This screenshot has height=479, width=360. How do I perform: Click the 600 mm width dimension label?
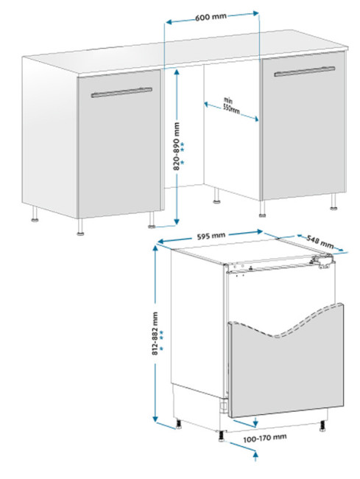click(x=211, y=16)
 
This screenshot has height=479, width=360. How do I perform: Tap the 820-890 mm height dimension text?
click(x=177, y=147)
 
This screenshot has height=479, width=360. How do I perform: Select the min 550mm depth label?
click(x=230, y=105)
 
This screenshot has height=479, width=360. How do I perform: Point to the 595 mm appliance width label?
click(x=211, y=236)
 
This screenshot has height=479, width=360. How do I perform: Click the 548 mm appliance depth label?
click(x=320, y=242)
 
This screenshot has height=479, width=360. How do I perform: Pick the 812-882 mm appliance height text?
click(x=155, y=333)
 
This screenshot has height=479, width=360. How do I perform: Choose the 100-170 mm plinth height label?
click(x=265, y=438)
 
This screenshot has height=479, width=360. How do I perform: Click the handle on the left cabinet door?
click(x=121, y=93)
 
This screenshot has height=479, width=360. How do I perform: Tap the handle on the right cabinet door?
click(x=304, y=71)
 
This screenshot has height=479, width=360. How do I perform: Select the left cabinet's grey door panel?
click(x=119, y=144)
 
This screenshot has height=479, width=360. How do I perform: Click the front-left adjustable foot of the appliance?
click(x=221, y=436)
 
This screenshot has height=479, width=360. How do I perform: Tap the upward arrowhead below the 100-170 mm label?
click(x=256, y=455)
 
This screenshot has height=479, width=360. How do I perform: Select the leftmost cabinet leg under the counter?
click(x=35, y=214)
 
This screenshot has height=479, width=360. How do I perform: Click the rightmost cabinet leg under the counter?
click(x=333, y=202)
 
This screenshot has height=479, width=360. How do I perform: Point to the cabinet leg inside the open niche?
click(x=216, y=196)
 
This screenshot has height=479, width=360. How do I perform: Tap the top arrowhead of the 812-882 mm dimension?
click(x=155, y=250)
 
